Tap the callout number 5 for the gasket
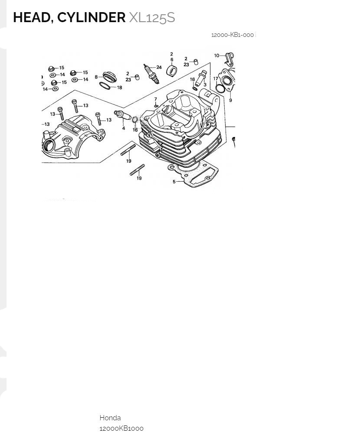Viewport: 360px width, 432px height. [x=174, y=182]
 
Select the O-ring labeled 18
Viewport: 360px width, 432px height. [x=105, y=85]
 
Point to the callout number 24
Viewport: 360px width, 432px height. [x=159, y=67]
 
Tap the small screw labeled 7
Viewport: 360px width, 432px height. [x=156, y=105]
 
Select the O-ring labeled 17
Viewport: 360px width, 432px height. [x=220, y=88]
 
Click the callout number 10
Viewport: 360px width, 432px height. [x=217, y=56]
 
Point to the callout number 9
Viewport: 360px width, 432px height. [x=230, y=100]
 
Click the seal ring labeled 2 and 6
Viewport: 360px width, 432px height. [x=172, y=70]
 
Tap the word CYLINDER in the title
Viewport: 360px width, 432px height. [x=91, y=17]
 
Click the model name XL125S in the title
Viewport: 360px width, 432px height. [x=152, y=17]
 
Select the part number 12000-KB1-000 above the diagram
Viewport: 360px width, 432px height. [x=232, y=35]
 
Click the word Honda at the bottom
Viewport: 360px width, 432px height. [x=110, y=418]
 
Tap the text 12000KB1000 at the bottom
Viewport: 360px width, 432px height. [x=121, y=428]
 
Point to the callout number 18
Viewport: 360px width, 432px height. [x=120, y=88]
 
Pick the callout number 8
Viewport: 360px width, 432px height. [x=96, y=77]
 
